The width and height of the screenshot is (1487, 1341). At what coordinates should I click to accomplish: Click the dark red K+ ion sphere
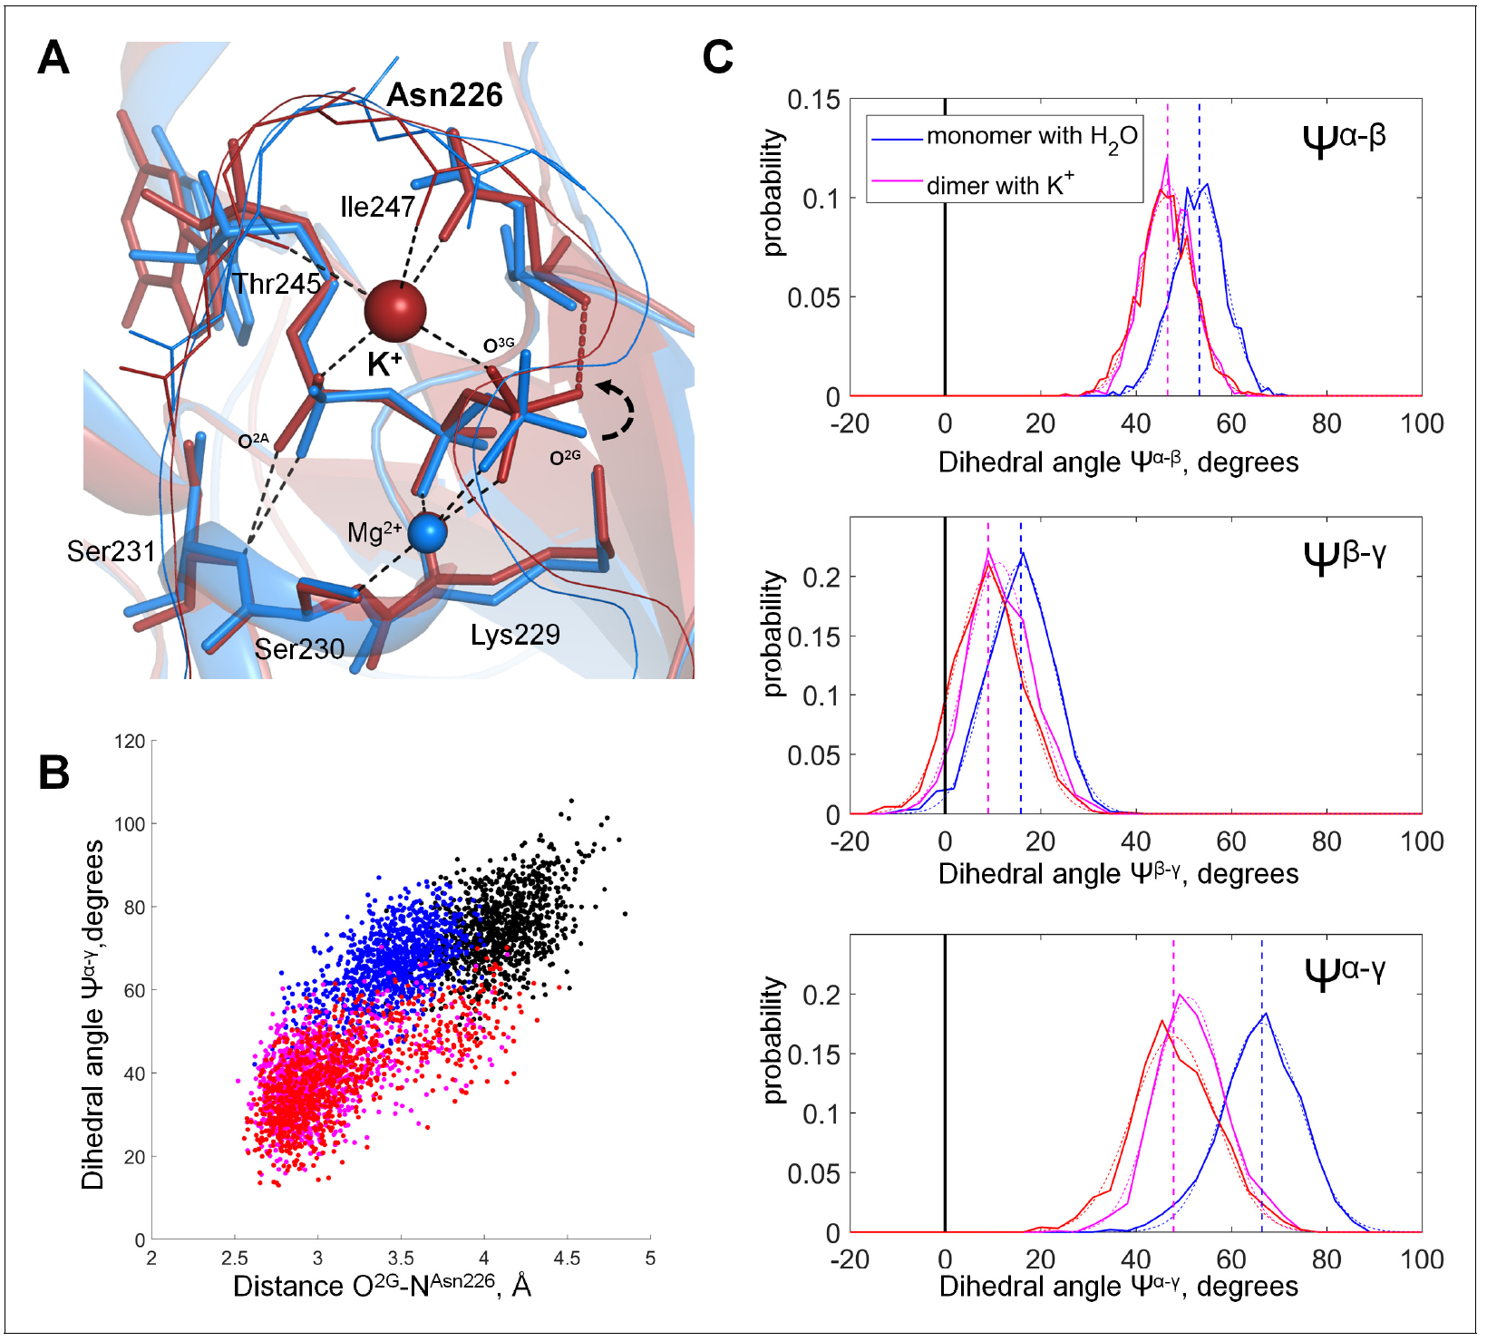point(395,311)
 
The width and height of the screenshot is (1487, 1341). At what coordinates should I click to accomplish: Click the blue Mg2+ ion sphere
point(427,533)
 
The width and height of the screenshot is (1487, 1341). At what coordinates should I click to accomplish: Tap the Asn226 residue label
point(444,95)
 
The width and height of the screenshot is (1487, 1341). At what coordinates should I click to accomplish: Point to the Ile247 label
point(377,207)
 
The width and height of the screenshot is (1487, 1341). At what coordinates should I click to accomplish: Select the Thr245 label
point(277,284)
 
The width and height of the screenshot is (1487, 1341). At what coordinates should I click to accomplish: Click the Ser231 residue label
point(112,551)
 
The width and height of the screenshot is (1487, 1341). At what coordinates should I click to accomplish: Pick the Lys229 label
point(515,635)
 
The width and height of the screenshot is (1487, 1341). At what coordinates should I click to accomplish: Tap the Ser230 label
point(299,649)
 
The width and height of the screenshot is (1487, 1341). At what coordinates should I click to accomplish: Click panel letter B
point(54,773)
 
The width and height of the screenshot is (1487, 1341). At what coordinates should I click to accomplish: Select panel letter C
point(717,58)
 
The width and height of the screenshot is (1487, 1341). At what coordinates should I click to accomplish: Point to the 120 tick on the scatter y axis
point(131,742)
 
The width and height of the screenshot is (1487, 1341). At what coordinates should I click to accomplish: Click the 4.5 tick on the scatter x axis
point(567,1258)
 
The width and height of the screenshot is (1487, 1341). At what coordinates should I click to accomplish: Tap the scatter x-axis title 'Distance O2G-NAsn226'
point(382,1286)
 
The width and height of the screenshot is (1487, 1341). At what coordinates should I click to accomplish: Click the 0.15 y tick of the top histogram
point(813,100)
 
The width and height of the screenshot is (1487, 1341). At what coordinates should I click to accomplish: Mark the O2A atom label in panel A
point(253,442)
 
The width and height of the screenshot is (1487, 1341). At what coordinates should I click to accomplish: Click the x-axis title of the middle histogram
point(1118,874)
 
